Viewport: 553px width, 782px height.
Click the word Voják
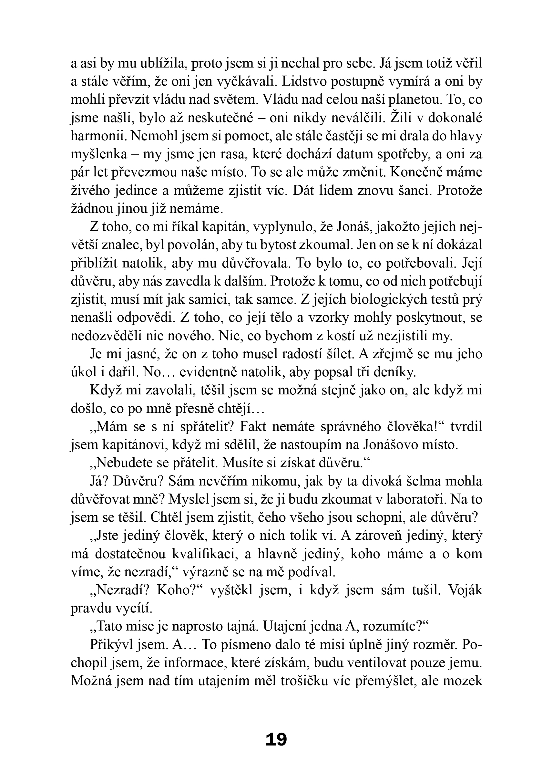(x=466, y=590)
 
